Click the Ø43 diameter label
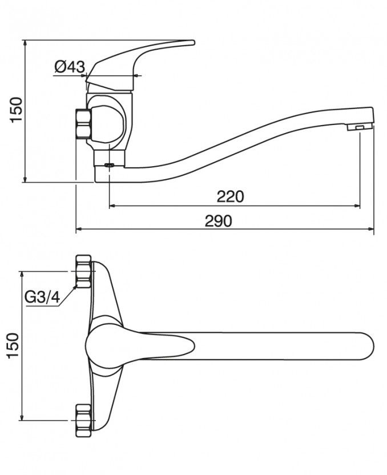point(70,66)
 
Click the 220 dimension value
point(230,196)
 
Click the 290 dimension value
point(219,221)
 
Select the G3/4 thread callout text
point(42,298)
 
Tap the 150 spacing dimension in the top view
point(13,345)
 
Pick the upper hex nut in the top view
point(83,271)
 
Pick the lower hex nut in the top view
point(83,420)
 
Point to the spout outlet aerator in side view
point(360,127)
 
